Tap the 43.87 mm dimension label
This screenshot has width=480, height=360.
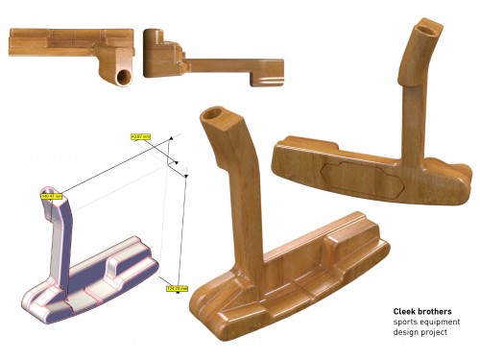point(141,137)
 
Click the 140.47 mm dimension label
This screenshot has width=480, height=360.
point(51,196)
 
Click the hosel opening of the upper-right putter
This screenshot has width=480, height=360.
point(428,26)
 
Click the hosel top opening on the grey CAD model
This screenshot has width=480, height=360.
point(47,186)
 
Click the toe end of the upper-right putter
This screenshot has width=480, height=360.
point(461,178)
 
